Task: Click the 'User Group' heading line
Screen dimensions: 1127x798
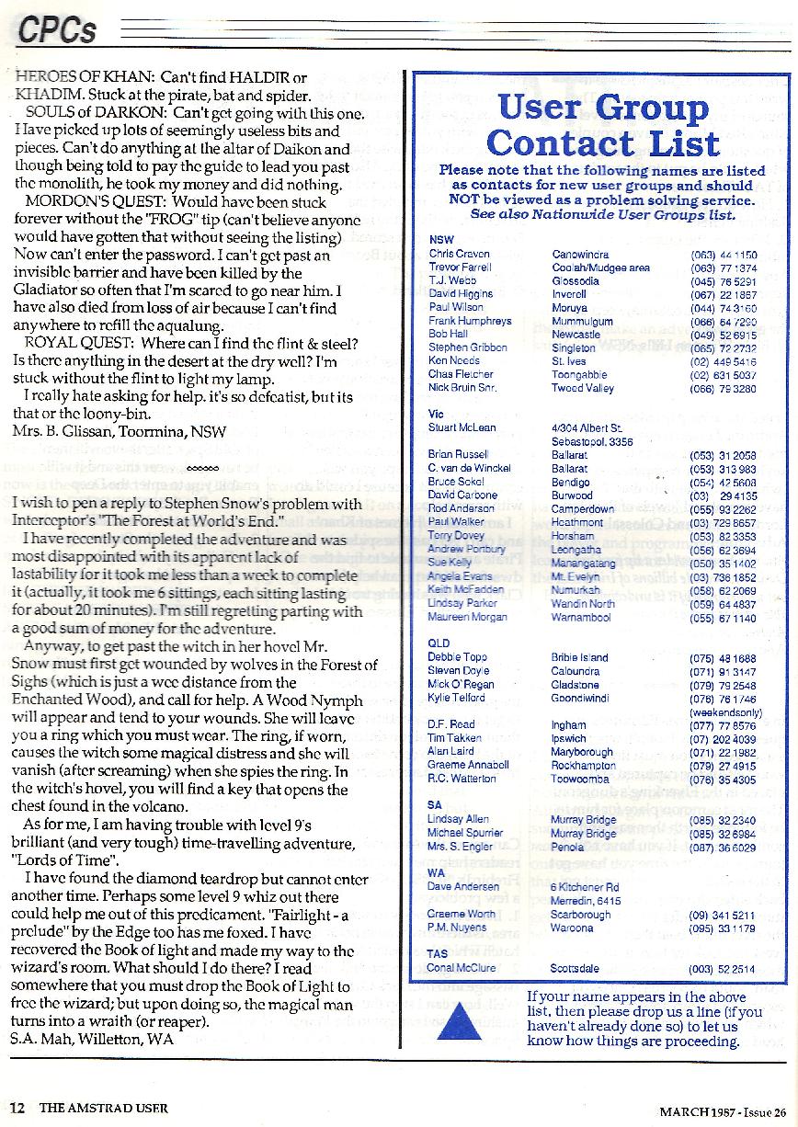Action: coord(602,108)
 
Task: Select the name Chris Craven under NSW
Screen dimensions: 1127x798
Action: coord(459,254)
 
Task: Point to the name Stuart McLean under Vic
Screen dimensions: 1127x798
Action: coord(462,427)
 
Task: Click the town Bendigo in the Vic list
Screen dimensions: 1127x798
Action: coord(571,482)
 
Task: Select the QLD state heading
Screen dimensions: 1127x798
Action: coord(439,643)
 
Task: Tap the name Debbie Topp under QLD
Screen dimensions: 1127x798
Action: coord(458,658)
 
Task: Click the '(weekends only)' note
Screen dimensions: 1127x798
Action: coord(725,711)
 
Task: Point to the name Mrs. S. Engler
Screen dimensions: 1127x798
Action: coord(460,847)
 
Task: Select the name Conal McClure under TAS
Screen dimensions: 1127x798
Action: coord(462,968)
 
